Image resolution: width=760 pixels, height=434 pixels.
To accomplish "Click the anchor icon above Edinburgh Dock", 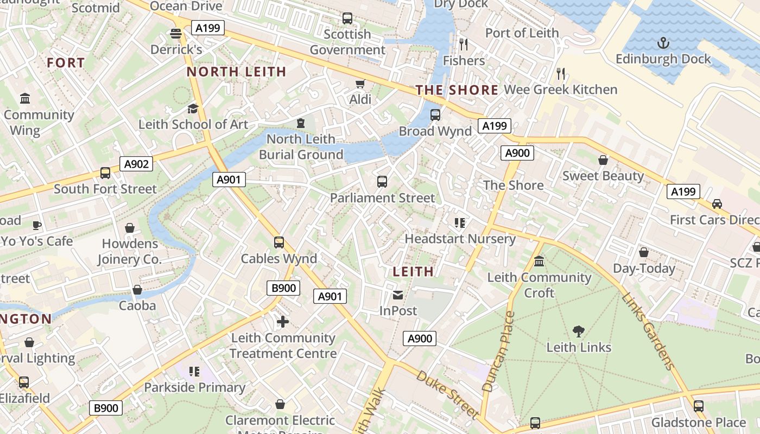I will [663, 42].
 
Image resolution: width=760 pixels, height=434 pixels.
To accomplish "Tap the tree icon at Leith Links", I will [579, 331].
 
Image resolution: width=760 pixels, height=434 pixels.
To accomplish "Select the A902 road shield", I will [136, 164].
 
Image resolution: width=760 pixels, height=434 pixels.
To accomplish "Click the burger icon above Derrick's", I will [175, 34].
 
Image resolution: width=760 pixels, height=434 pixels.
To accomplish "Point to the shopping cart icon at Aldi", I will [360, 84].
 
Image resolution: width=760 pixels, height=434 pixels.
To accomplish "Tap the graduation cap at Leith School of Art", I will [193, 109].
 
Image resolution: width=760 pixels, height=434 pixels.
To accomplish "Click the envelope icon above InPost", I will [398, 295].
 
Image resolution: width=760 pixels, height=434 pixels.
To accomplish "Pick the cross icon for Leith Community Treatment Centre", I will [282, 322].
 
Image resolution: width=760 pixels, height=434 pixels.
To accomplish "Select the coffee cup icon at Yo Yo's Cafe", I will [37, 225].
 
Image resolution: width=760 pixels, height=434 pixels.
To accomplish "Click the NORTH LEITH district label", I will [236, 72].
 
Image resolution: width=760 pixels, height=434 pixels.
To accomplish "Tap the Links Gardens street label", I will [649, 331].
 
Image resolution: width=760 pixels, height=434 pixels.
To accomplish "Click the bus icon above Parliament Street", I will [382, 182].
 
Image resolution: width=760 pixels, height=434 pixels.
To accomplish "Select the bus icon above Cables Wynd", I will [279, 242].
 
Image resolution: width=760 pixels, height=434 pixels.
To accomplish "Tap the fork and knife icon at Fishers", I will [463, 44].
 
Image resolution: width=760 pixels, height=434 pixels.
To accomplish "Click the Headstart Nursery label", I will [460, 239].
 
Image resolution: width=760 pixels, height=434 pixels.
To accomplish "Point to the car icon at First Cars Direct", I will [717, 204].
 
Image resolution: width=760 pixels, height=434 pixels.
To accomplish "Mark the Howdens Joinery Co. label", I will [130, 252].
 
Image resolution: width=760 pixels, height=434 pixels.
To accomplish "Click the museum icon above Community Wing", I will [25, 99].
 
